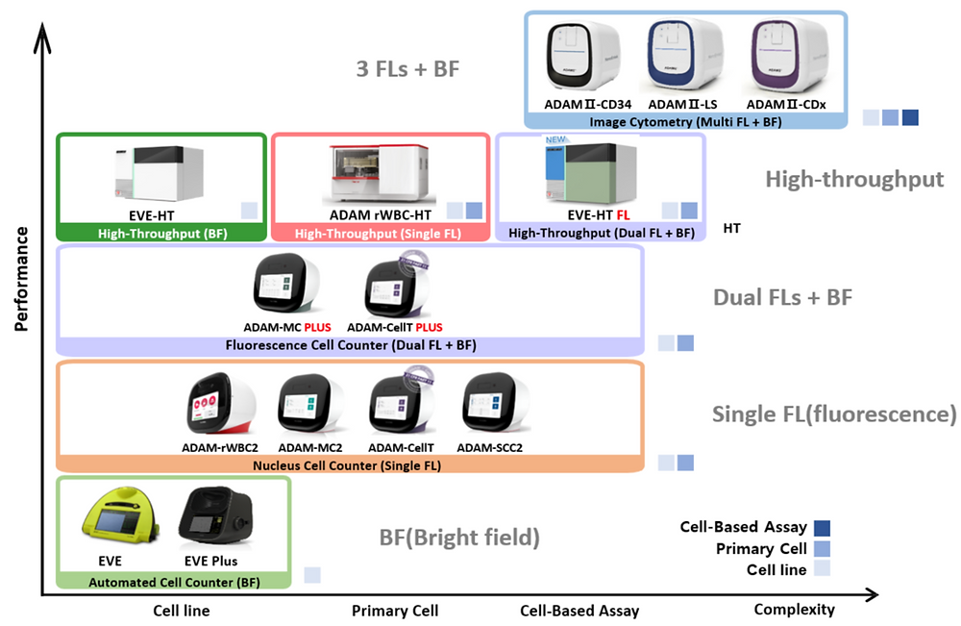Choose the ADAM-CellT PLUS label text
(395, 327)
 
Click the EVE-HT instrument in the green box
(161, 172)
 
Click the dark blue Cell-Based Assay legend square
(822, 528)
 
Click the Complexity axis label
(794, 610)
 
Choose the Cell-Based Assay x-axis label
(579, 611)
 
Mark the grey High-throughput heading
(854, 179)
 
